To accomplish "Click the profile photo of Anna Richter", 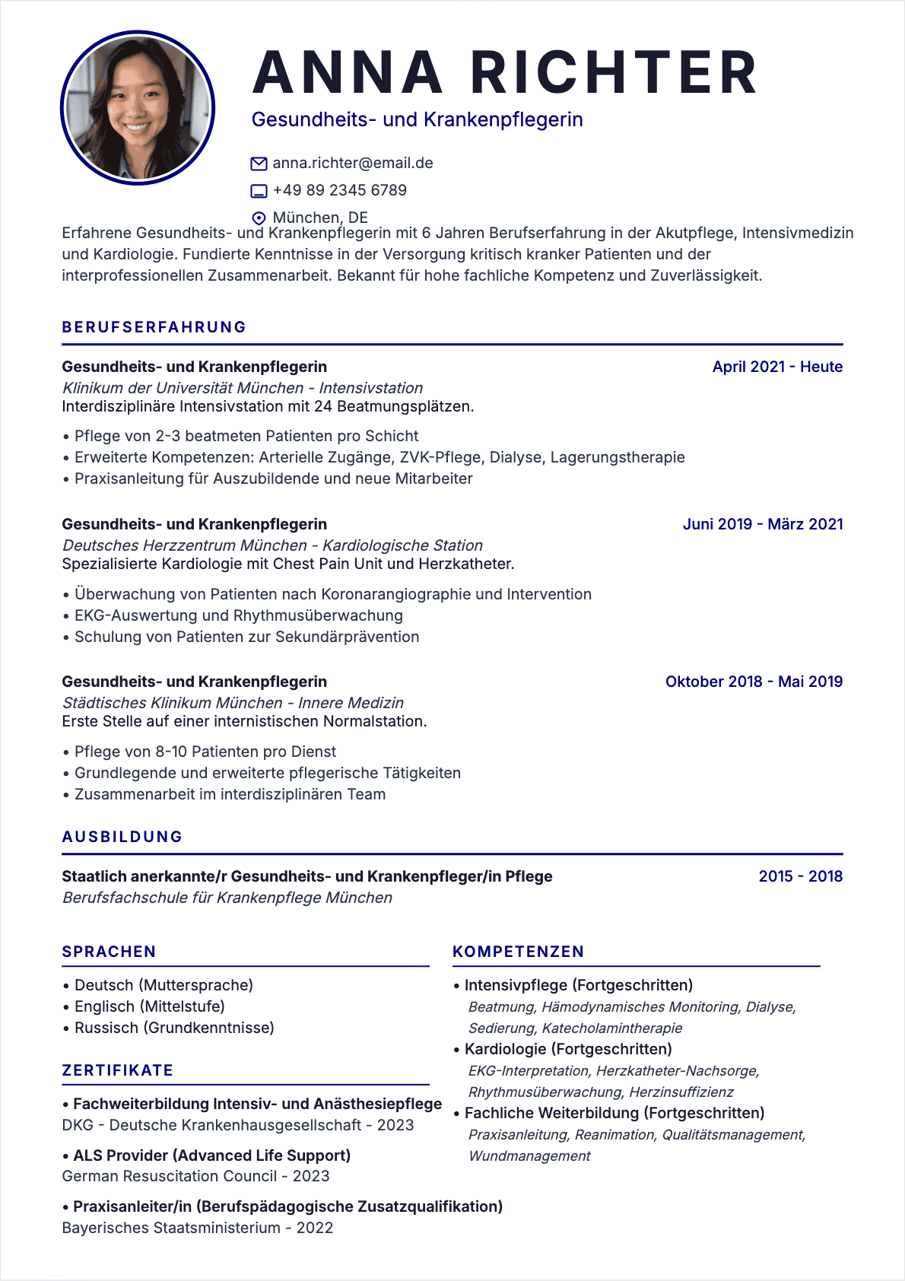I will click(x=138, y=107).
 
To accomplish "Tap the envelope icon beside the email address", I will click(x=259, y=164).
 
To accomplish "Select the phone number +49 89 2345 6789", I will click(x=340, y=190).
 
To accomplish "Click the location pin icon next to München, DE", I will click(x=259, y=218).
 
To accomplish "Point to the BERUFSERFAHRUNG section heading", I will click(x=154, y=327).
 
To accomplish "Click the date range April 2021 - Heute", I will click(x=777, y=367).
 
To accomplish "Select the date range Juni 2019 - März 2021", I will click(x=763, y=524).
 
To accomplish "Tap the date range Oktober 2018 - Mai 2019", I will click(x=754, y=682).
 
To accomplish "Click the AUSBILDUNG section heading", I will click(x=122, y=837).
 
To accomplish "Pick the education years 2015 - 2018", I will click(x=800, y=876).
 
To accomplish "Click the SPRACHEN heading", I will click(x=109, y=952).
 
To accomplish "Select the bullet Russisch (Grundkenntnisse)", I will click(x=174, y=1028).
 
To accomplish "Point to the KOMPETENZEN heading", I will click(x=518, y=952).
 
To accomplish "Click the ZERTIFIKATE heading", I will click(x=118, y=1070).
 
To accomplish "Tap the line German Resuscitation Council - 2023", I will click(x=195, y=1176).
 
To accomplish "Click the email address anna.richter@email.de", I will click(x=353, y=164).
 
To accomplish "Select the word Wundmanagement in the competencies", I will click(x=529, y=1156).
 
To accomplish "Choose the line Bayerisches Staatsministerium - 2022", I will click(x=197, y=1228).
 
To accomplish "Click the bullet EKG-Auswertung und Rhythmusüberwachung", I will click(x=239, y=615).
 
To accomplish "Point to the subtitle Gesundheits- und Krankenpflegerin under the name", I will click(x=417, y=120).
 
